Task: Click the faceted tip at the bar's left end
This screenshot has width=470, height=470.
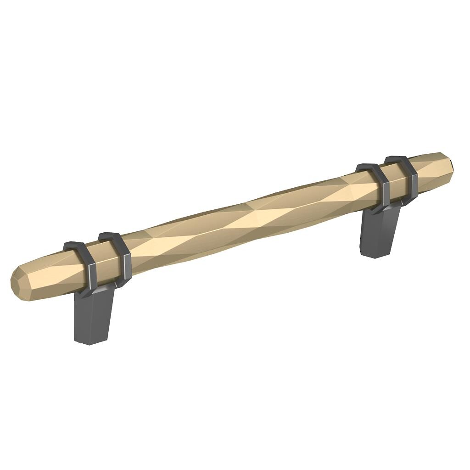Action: tap(17, 280)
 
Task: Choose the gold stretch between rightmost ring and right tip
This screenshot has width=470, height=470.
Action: tap(429, 168)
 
